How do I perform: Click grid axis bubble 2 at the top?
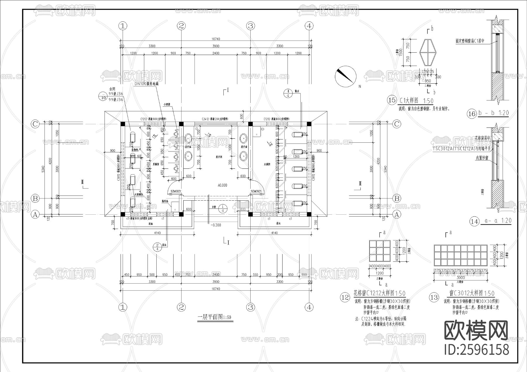181,26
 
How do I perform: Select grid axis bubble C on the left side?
35,124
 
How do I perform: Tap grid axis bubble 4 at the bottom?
309,307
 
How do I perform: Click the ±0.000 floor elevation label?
222,185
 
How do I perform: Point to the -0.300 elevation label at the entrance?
216,225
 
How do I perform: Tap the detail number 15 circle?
392,100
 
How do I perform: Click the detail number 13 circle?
434,297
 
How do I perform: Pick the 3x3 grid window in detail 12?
380,251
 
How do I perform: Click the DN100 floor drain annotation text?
146,84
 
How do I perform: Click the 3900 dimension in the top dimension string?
216,46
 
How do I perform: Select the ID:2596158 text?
477,350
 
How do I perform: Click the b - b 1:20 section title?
493,113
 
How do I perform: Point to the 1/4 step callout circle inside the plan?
223,208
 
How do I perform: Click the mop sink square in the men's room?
175,206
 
